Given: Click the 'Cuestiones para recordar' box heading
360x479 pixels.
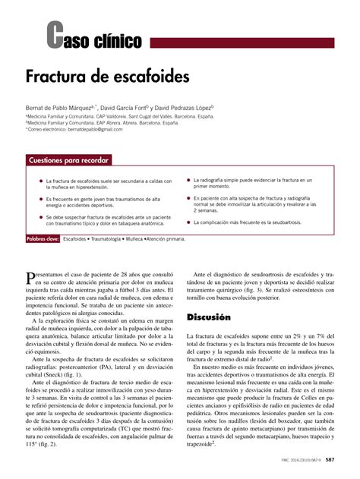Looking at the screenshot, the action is click(x=68, y=160).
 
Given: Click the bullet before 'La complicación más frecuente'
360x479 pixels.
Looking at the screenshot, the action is click(x=188, y=222).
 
